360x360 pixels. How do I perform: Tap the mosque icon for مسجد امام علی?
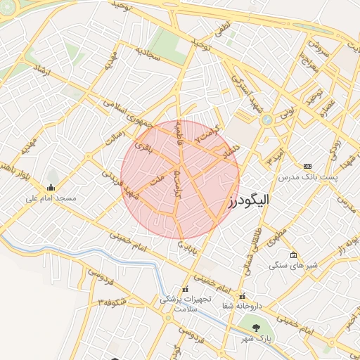[51, 187]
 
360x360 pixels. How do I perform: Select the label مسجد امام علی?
[51, 198]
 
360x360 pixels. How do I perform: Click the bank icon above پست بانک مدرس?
[307, 166]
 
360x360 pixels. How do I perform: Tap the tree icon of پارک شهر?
[256, 328]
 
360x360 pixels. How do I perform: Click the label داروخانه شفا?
[243, 306]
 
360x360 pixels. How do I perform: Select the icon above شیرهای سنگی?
[293, 255]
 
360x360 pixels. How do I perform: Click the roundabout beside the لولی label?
[267, 120]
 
